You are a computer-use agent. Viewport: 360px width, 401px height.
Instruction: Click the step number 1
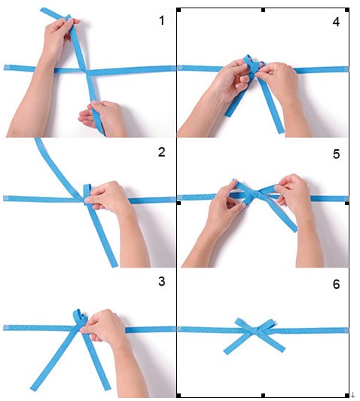point(162,20)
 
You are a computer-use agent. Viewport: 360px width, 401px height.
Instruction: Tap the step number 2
point(162,152)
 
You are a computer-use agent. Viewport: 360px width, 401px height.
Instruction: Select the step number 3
point(162,281)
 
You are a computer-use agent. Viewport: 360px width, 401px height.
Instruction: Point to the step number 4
point(336,22)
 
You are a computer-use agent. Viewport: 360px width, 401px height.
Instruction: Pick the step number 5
point(336,154)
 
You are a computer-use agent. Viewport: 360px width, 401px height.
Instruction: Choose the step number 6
point(336,284)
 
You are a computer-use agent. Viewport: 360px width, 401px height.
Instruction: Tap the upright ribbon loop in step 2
point(87,191)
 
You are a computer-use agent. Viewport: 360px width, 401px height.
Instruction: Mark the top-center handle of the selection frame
point(263,10)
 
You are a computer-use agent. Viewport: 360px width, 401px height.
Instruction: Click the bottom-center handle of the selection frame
point(263,396)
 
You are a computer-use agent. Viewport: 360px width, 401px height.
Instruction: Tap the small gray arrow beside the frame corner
point(353,395)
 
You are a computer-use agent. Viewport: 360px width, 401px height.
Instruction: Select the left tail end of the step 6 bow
point(226,352)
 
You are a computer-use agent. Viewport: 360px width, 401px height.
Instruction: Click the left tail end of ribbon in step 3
point(32,388)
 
